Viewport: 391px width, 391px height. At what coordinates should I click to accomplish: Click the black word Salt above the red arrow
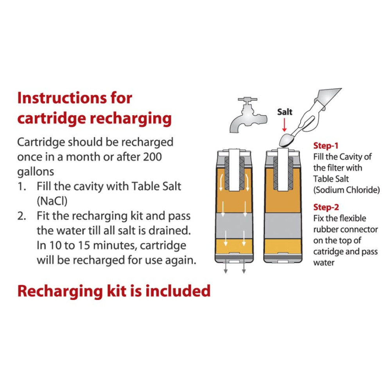285,112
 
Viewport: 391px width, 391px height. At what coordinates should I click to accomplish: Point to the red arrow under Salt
284,125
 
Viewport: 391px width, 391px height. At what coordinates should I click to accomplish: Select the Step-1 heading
325,146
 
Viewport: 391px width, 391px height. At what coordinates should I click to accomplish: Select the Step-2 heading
326,207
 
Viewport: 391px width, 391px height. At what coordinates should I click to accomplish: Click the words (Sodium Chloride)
346,190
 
